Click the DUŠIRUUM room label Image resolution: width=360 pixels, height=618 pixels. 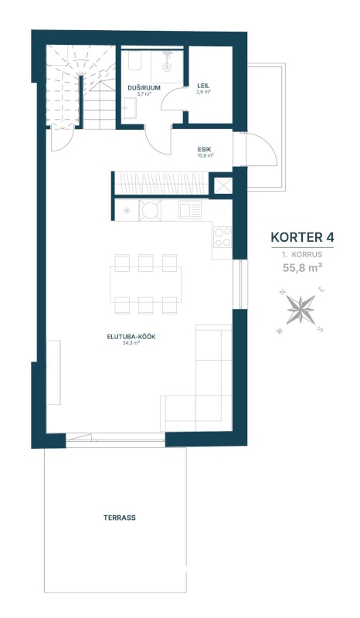pos(144,87)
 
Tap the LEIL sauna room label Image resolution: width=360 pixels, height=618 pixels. pos(203,86)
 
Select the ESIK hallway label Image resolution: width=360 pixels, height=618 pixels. pos(205,149)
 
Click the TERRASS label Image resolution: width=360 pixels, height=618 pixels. pos(120,518)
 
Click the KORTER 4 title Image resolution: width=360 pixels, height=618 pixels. pos(302,237)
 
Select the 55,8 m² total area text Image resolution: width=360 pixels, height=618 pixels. pos(302,268)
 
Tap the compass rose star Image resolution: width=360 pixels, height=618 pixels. pos(301,310)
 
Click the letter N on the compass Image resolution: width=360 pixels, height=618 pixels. pos(282,292)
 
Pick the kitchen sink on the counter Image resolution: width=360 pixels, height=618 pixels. pos(190,209)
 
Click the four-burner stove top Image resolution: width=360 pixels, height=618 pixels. pos(222,237)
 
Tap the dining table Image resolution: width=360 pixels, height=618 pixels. pos(146,284)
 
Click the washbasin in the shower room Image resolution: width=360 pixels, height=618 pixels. pos(129,107)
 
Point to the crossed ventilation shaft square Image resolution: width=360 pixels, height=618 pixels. pos(223,185)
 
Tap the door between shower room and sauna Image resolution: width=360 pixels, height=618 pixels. pos(172,99)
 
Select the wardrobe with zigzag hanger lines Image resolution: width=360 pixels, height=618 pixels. pos(161,183)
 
